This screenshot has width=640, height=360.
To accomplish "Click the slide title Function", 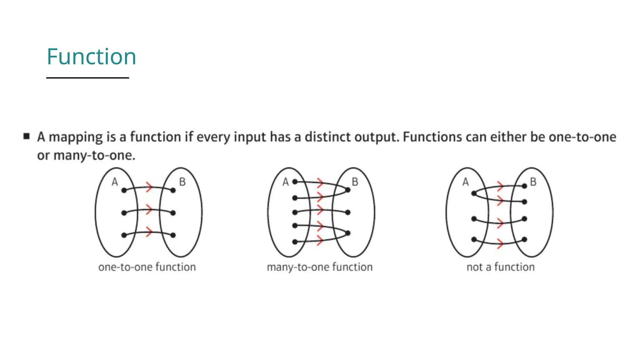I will [91, 57].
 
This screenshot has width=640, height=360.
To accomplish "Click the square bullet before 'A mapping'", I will [27, 136].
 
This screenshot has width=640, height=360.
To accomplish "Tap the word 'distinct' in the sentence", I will [327, 137].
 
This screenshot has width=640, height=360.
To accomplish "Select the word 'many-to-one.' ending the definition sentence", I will [94, 155].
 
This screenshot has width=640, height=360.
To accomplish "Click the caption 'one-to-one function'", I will [147, 267].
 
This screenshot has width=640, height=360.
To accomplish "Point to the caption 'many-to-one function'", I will [320, 267].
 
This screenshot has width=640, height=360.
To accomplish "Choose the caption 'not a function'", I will [501, 267].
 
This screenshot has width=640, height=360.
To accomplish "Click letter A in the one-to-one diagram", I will [115, 182].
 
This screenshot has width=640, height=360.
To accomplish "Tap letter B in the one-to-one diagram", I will [182, 182].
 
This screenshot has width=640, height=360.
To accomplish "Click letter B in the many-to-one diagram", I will [355, 182].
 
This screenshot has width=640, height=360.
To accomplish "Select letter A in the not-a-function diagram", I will [466, 182].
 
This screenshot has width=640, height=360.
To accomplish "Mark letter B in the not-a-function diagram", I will [533, 182].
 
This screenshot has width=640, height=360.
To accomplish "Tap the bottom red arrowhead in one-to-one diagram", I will [149, 232].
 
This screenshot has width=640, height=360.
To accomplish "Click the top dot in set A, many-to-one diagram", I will [295, 182].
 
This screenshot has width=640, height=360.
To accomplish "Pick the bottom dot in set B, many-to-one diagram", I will [348, 233].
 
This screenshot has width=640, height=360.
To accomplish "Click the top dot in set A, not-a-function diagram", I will [474, 193].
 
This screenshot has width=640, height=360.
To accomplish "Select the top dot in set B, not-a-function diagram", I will [524, 186].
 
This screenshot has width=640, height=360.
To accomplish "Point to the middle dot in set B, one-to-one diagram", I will [173, 213].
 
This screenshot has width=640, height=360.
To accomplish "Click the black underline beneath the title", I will [87, 78].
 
